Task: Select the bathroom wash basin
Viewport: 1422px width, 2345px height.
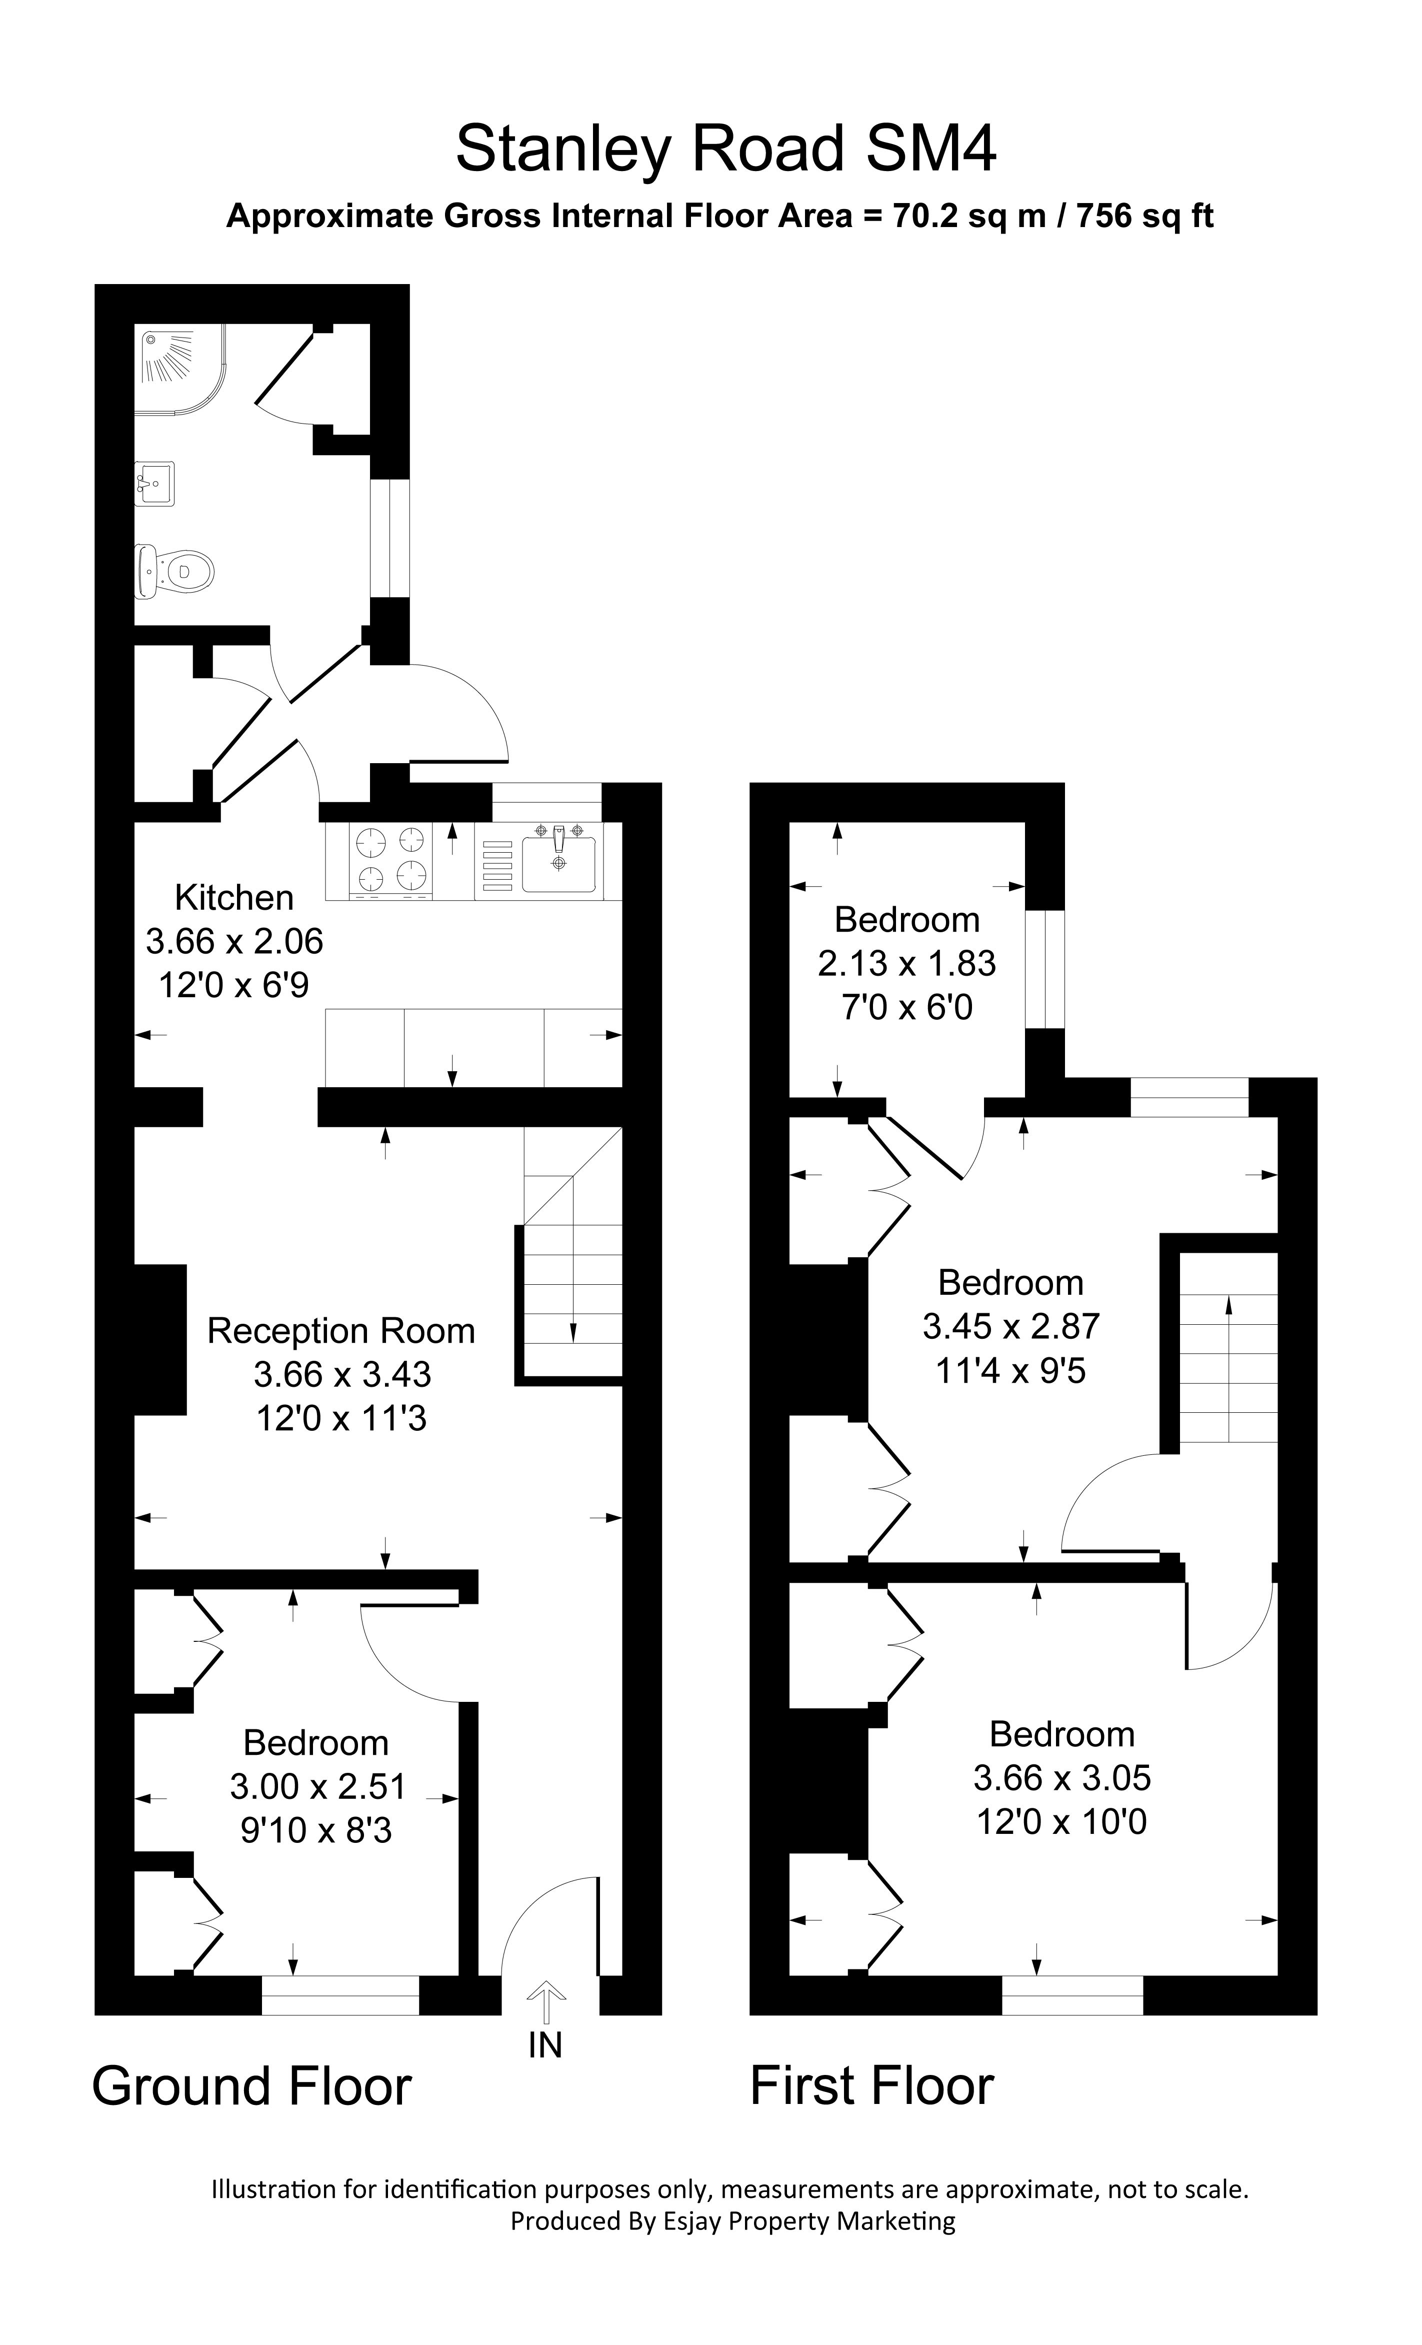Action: point(154,484)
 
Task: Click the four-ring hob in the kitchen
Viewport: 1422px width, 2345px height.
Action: point(390,859)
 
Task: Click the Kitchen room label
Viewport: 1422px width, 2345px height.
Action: point(234,898)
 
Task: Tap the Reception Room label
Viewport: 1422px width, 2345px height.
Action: point(340,1330)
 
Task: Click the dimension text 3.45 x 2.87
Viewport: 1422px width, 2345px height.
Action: point(1011,1326)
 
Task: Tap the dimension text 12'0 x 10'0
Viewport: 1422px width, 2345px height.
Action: point(1061,1821)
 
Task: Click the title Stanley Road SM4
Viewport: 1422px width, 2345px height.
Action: point(725,150)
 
